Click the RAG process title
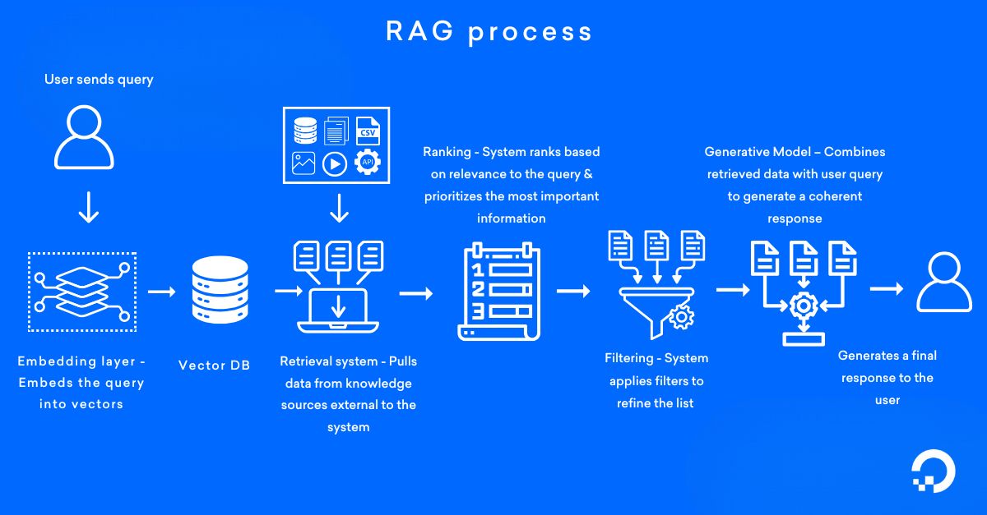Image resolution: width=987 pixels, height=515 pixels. (x=489, y=31)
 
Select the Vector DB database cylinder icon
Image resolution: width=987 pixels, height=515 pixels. (x=219, y=290)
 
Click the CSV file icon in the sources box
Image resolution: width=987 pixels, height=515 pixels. (x=367, y=130)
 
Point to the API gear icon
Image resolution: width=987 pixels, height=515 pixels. (x=367, y=163)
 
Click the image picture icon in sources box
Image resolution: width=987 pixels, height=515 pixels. (x=303, y=163)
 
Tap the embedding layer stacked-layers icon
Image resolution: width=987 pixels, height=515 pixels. (x=82, y=292)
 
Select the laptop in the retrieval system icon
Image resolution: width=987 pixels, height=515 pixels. (x=337, y=312)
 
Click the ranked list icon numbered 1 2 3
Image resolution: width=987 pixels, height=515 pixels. (x=497, y=292)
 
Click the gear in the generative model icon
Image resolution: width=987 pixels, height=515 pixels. (x=801, y=306)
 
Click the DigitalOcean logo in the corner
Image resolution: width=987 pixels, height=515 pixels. (x=934, y=473)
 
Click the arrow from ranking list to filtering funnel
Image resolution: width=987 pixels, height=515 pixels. (x=572, y=291)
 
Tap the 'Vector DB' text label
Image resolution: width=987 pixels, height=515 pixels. (x=214, y=365)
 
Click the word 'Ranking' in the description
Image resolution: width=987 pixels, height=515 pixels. (x=449, y=152)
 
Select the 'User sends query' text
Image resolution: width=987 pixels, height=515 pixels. (x=99, y=80)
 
